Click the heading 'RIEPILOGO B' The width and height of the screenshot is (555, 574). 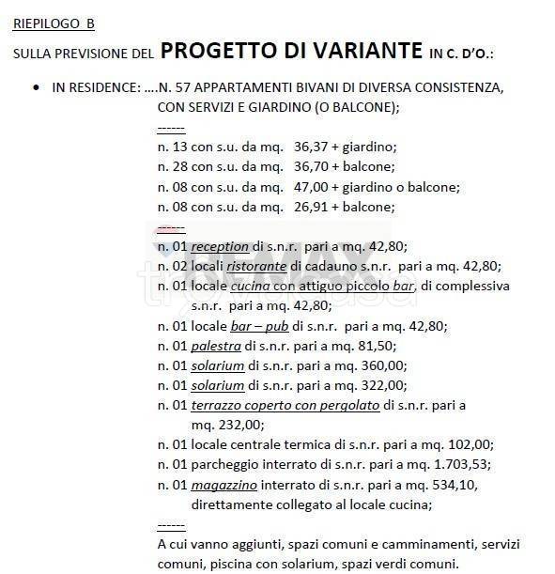coord(54,23)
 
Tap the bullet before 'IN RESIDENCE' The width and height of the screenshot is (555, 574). coord(35,87)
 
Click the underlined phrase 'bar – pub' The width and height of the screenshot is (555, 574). coord(259,326)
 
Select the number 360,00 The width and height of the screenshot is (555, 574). coord(385,365)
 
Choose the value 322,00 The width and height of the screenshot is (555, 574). coord(385,385)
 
